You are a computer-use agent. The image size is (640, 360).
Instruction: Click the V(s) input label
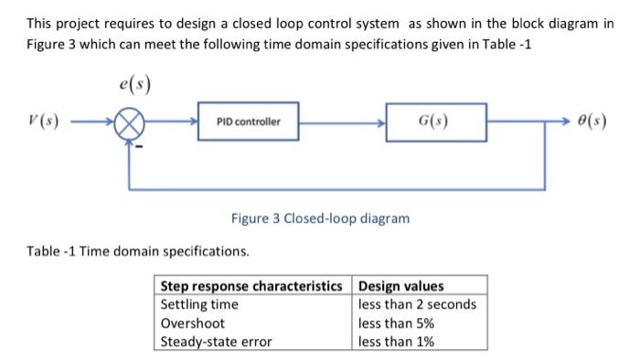point(39,122)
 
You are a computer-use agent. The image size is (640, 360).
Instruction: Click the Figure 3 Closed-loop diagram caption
point(320,219)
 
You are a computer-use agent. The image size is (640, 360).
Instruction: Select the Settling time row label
point(198,304)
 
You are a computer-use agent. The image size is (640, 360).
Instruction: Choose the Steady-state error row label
point(216,342)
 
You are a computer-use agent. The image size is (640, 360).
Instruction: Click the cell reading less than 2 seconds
point(418,304)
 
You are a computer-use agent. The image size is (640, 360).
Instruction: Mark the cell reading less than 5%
point(396,323)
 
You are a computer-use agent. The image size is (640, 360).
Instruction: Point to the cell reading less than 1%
point(396,342)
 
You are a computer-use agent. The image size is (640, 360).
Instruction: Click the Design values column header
point(401,286)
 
